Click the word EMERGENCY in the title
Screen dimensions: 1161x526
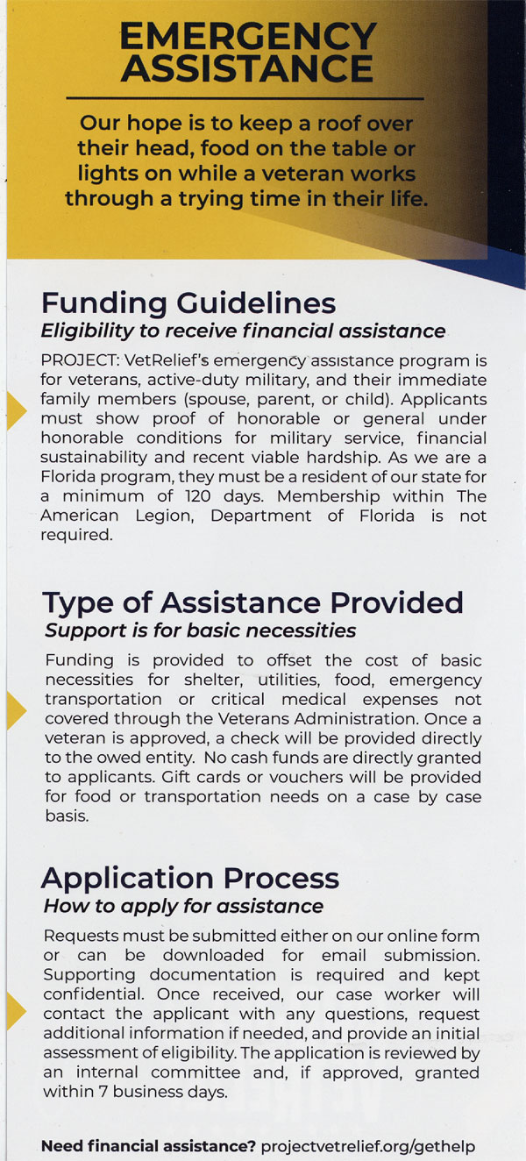pyautogui.click(x=248, y=37)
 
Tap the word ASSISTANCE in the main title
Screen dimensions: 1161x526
pyautogui.click(x=248, y=68)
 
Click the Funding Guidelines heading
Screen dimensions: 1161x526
pyautogui.click(x=188, y=303)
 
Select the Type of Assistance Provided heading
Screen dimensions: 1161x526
pyautogui.click(x=252, y=602)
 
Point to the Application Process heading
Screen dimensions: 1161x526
pyautogui.click(x=189, y=878)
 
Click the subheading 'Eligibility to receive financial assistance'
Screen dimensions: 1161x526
pyautogui.click(x=243, y=331)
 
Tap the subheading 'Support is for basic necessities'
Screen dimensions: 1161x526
pyautogui.click(x=201, y=630)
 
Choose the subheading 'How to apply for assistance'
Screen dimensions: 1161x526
pyautogui.click(x=184, y=906)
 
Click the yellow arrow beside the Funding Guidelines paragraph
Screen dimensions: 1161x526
pyautogui.click(x=16, y=410)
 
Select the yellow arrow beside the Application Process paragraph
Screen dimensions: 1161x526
pyautogui.click(x=16, y=1011)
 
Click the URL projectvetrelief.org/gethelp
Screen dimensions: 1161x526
pyautogui.click(x=368, y=1146)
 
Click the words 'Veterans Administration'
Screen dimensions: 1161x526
pyautogui.click(x=340, y=719)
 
